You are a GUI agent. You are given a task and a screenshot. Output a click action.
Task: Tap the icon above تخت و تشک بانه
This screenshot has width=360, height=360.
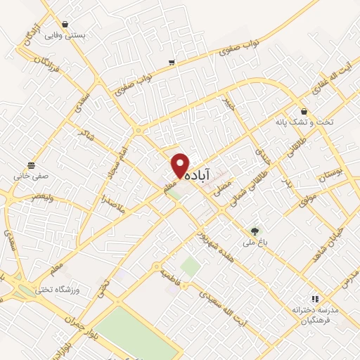point(304,111)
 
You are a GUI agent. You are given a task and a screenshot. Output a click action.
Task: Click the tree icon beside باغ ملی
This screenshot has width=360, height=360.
point(255,230)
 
